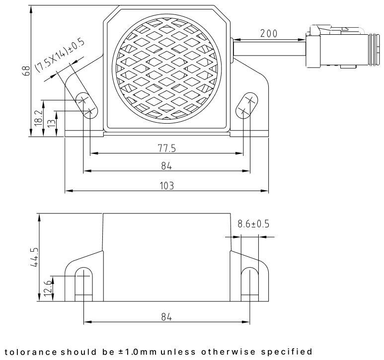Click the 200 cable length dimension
point(268,33)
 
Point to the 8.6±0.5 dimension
point(253,224)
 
